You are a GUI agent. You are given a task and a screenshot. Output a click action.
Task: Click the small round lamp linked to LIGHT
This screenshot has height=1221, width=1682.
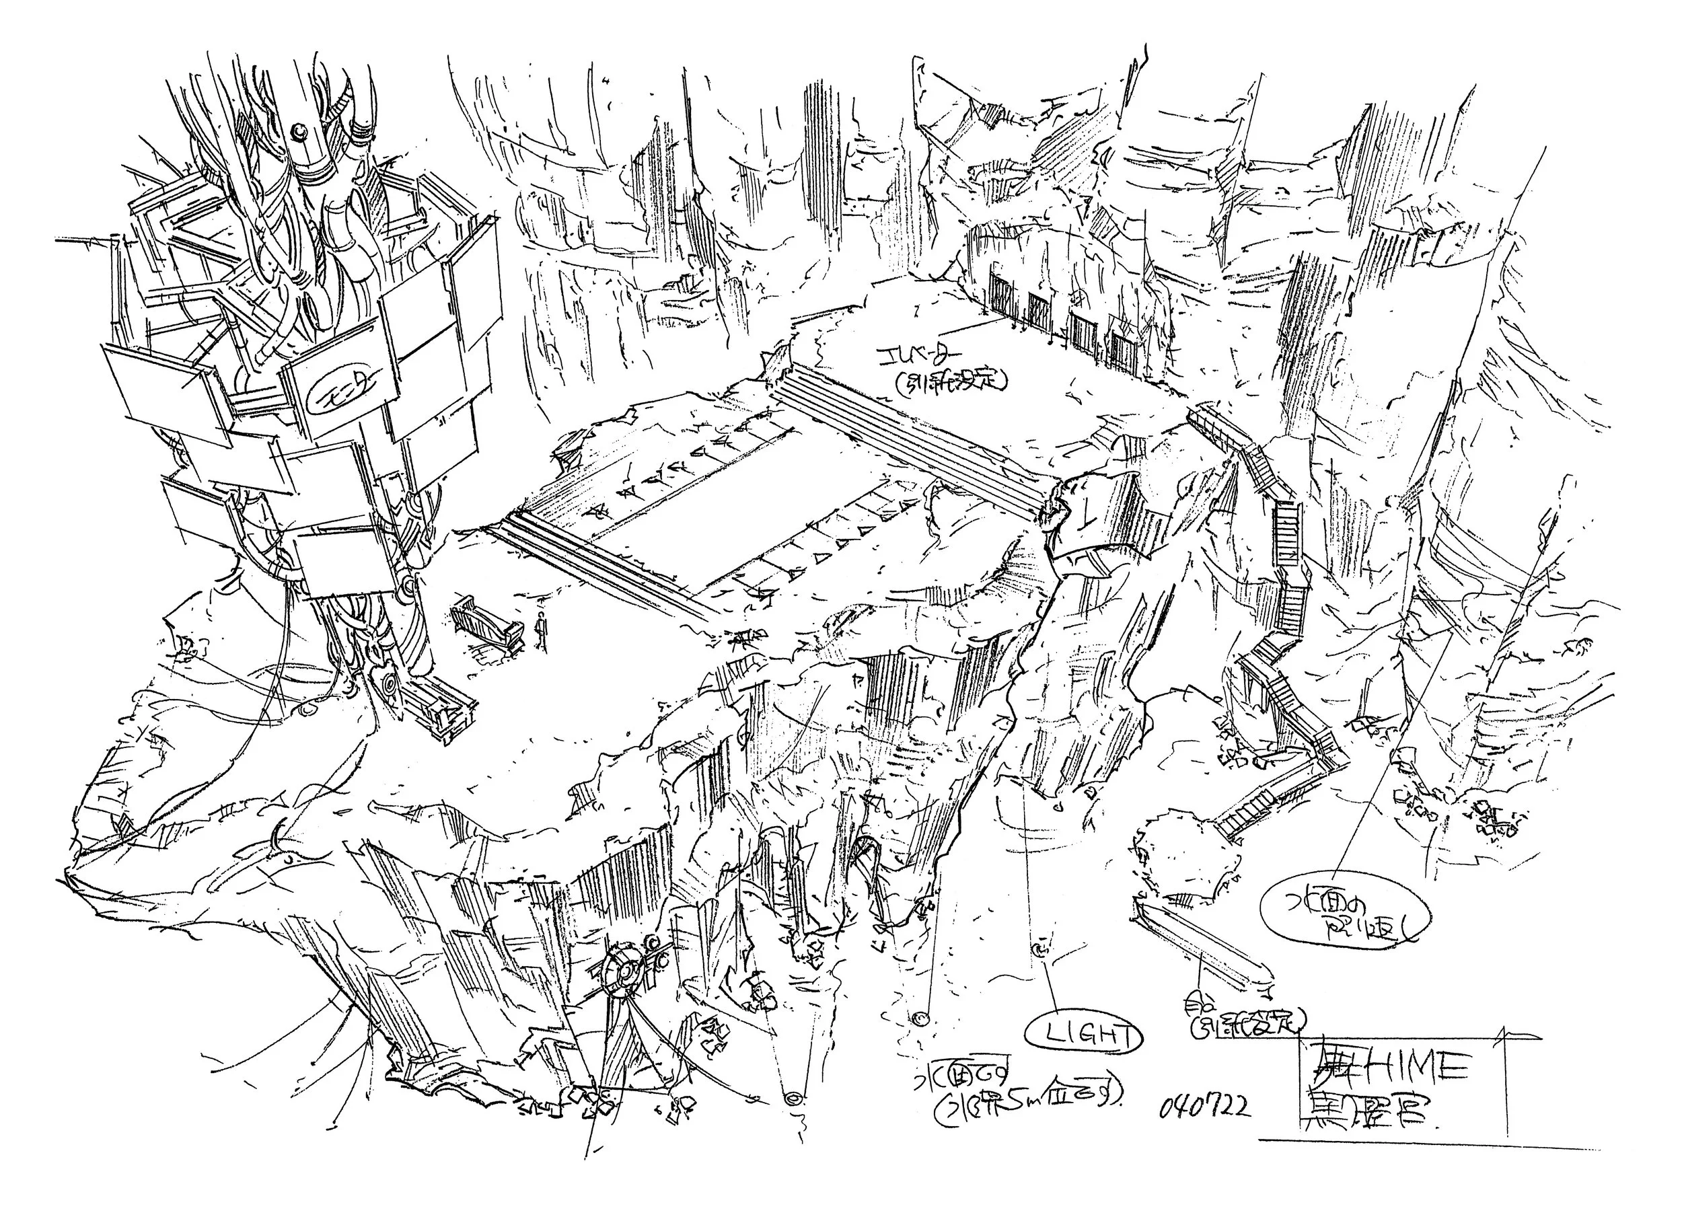point(1041,950)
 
